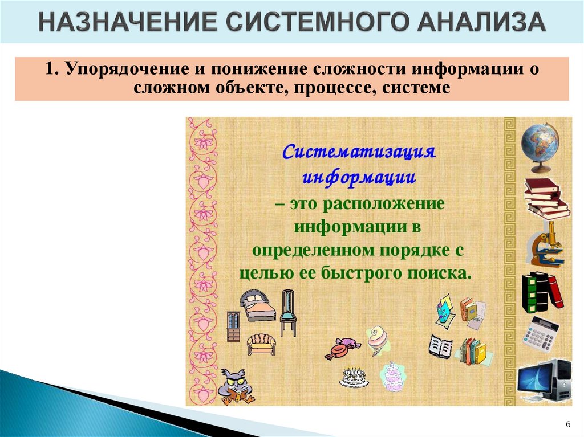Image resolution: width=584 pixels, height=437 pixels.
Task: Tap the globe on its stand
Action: point(539,146)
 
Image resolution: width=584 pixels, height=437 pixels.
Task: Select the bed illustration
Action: point(257,305)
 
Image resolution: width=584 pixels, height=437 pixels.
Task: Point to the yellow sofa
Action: point(261,344)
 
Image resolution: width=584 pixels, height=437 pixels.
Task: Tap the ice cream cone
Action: point(377,340)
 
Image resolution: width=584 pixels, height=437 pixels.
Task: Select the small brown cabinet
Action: point(233,326)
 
